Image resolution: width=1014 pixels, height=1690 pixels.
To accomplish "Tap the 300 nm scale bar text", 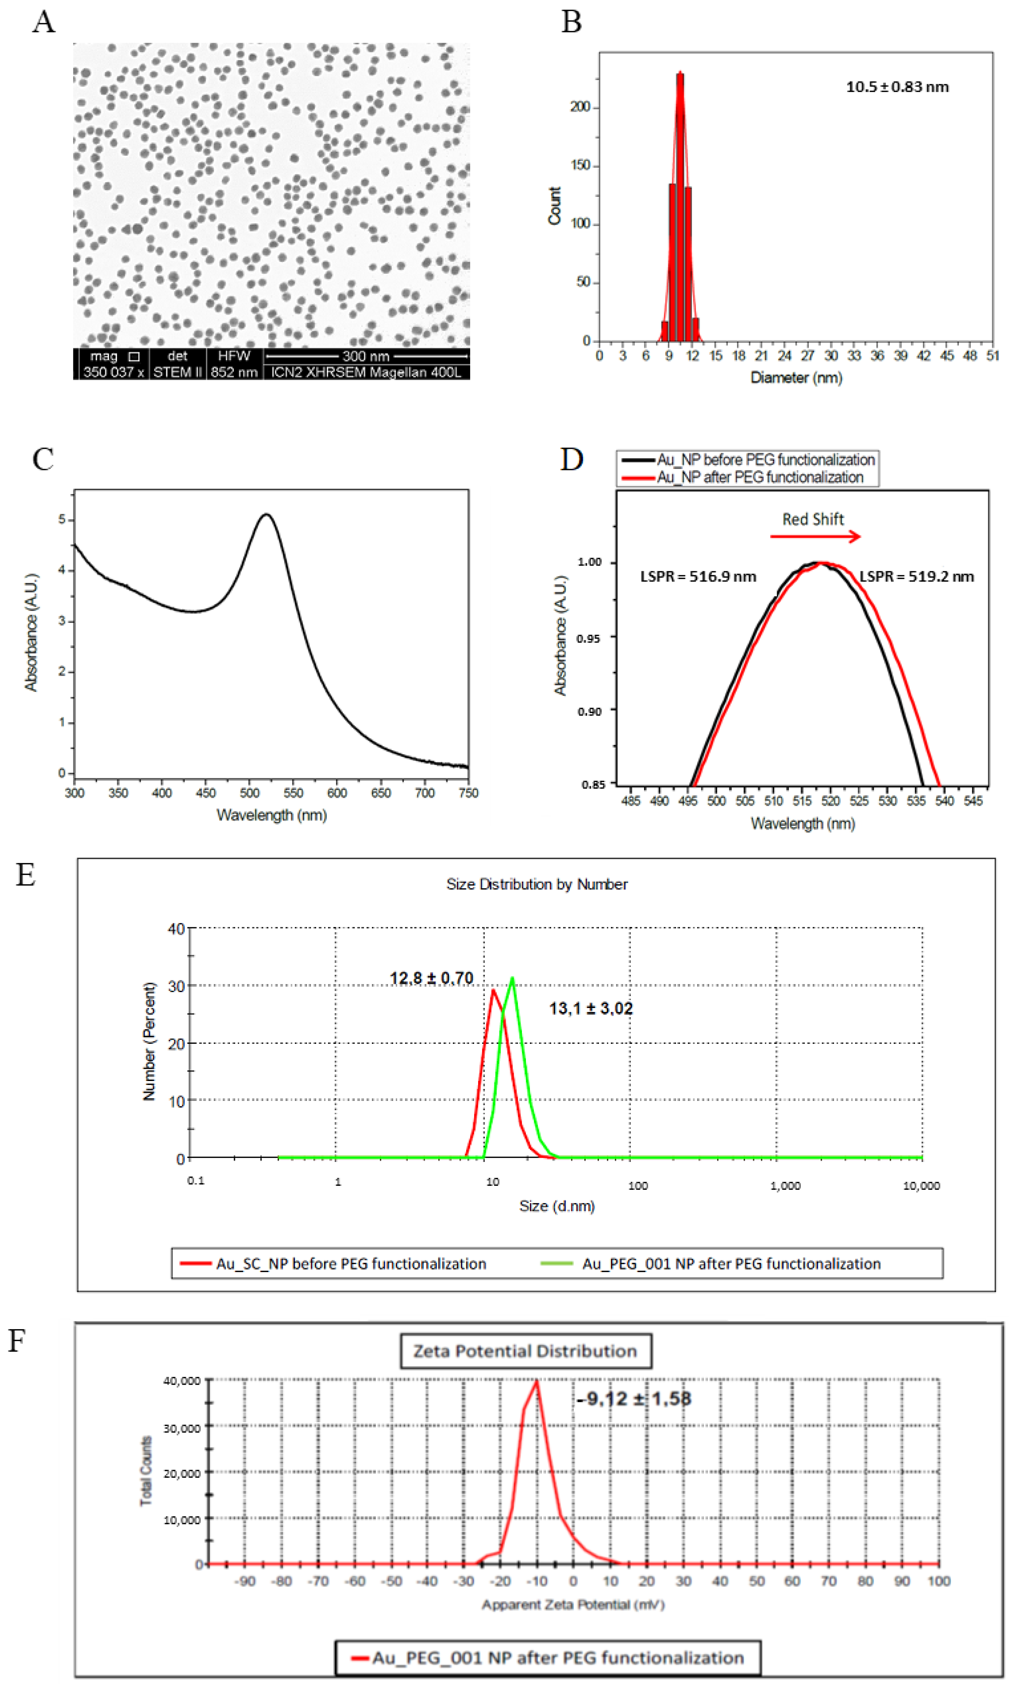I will click(x=366, y=356).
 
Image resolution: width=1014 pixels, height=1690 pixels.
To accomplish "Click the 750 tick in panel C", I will click(x=468, y=792).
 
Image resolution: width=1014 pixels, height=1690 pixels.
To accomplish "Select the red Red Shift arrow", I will click(x=815, y=537).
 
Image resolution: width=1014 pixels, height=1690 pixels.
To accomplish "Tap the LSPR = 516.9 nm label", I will click(x=698, y=576).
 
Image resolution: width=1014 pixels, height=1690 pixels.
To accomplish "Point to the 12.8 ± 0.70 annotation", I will click(x=431, y=978).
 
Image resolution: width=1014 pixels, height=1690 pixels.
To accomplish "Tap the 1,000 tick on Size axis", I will click(x=785, y=1185).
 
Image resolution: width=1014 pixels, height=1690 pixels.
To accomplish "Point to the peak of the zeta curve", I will click(x=537, y=1381).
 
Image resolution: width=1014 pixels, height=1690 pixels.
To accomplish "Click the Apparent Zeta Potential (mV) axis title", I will click(x=573, y=1604).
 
